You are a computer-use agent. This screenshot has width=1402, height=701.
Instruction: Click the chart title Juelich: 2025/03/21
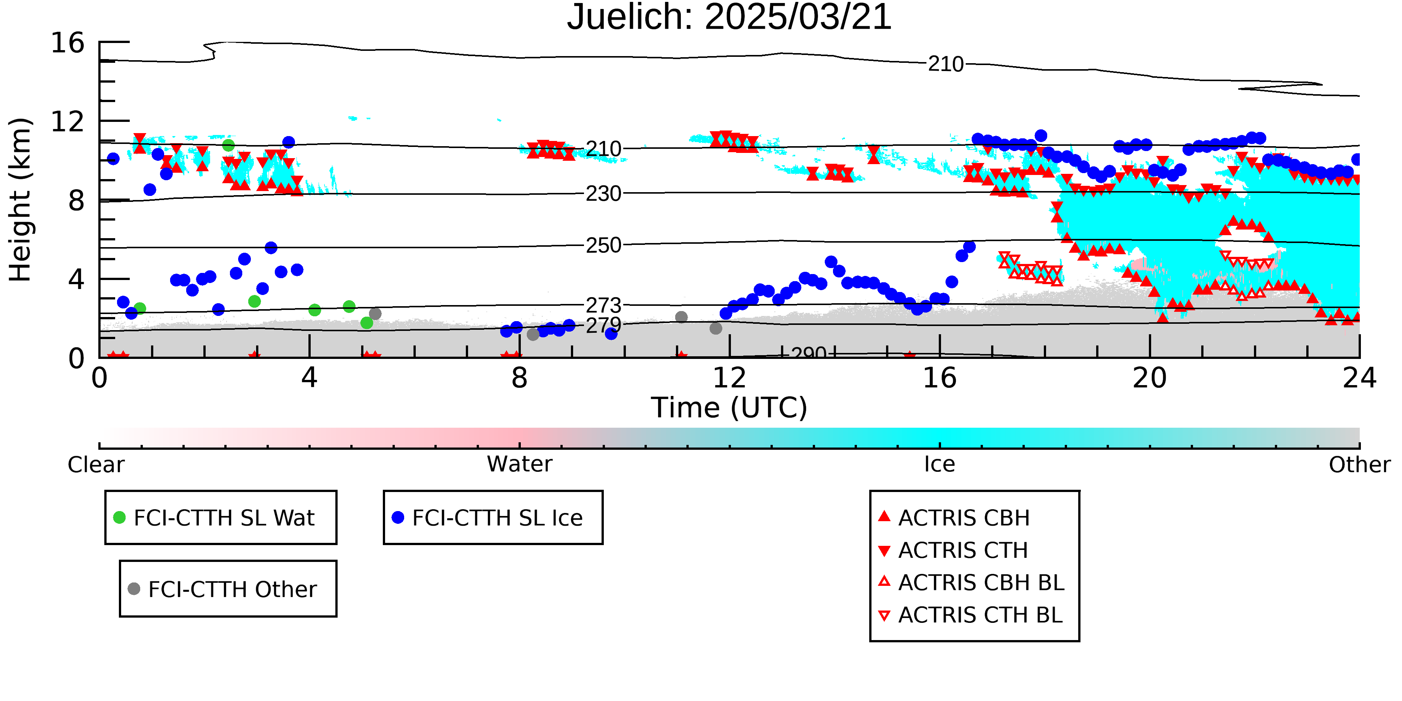point(729,18)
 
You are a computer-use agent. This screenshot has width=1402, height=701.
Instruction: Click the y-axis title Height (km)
point(21,200)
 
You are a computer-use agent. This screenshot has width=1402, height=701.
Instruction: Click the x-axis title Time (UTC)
point(729,408)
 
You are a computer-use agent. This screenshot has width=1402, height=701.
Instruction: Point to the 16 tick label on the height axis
point(68,43)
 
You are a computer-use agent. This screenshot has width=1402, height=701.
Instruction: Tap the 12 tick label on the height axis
point(68,122)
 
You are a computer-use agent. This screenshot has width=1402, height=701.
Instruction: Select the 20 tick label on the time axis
point(1150,378)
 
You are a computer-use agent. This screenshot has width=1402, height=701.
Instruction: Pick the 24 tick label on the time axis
point(1359,378)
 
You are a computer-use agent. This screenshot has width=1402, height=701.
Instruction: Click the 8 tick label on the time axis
point(519,378)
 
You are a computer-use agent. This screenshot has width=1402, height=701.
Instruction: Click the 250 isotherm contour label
point(603,246)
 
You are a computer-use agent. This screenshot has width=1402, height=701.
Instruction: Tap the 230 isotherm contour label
point(603,194)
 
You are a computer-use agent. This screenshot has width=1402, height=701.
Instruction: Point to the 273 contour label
point(603,305)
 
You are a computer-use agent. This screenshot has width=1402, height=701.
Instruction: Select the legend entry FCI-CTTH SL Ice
point(488,517)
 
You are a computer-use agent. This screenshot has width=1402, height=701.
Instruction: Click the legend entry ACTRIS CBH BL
point(972,582)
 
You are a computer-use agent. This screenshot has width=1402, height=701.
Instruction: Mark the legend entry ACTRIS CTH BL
point(971,615)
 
